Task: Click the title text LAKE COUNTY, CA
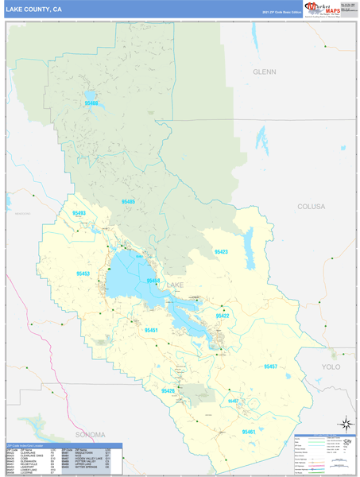point(33,9)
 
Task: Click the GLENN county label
point(264,72)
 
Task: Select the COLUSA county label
point(311,206)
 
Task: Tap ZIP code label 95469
point(91,103)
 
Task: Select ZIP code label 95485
point(128,203)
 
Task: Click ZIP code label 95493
point(79,213)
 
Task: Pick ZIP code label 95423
point(221,252)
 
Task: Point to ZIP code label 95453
point(83,273)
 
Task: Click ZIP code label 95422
point(222,316)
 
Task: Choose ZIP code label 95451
point(151,330)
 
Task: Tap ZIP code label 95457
point(270,366)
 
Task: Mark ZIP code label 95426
point(168,390)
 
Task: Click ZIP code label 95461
point(249,432)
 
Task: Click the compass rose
point(346,424)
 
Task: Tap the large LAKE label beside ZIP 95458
point(175,284)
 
